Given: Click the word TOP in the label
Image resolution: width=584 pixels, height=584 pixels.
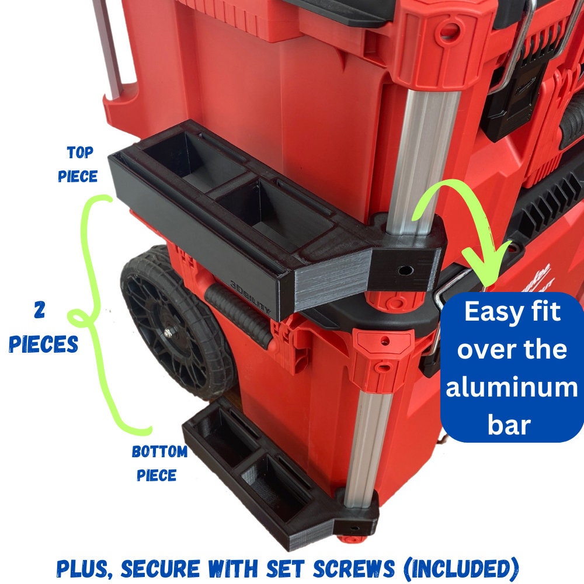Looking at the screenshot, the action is tap(80, 152).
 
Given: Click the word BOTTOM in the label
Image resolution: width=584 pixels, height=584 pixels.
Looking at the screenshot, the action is tap(160, 451).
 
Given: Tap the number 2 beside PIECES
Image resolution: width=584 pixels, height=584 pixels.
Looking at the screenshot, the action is tap(40, 310).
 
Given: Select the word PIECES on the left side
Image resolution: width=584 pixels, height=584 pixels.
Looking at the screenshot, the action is tap(44, 344).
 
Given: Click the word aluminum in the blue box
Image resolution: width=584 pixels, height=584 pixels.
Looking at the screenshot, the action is tap(512, 387).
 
